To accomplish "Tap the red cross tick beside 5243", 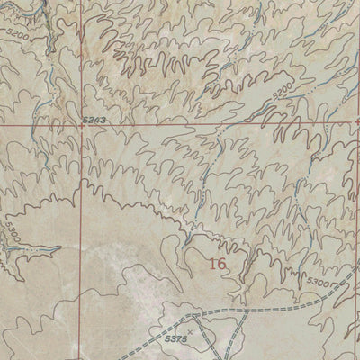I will click(81, 127).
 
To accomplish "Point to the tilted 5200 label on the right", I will click(282, 93).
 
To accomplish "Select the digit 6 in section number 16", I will click(220, 264).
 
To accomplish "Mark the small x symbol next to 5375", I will click(190, 332).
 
